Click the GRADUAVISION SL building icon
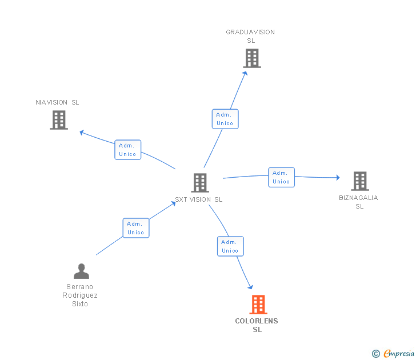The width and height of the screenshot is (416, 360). coord(252,58)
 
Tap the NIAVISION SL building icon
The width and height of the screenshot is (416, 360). coord(59,120)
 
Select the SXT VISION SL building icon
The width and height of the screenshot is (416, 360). coord(200,183)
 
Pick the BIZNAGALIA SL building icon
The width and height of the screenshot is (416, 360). coord(360,181)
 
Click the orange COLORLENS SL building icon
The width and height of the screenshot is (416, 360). coord(258,305)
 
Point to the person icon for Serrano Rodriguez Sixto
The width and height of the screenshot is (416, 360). coord(82,271)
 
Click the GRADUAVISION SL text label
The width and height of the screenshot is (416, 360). coord(250,37)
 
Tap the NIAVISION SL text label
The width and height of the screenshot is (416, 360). coord(57,102)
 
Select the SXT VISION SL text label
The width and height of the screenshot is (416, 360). coord(199,199)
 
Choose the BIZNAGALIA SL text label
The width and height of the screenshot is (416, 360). coord(359,202)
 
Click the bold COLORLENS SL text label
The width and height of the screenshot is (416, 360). coord(257,325)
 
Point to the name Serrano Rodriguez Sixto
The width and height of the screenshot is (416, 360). coord(80,295)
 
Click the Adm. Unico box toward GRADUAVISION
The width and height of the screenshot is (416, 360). coord(225,119)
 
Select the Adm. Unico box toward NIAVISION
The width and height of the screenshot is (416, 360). coord(128,150)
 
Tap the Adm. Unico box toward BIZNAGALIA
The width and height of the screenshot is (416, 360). coord(282,178)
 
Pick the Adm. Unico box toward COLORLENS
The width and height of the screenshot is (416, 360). coord(230,246)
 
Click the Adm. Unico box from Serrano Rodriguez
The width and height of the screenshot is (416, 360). coord(136,228)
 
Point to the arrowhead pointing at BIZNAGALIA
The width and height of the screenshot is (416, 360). coord(338,178)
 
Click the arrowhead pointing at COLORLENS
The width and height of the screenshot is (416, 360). coord(251,287)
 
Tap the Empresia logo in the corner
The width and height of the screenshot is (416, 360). coord(393,354)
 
